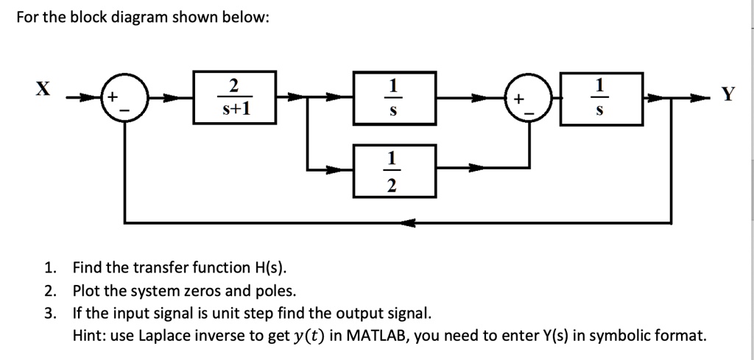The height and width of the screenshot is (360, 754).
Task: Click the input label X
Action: [x=43, y=89]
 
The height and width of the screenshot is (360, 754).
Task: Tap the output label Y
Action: [x=727, y=95]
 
